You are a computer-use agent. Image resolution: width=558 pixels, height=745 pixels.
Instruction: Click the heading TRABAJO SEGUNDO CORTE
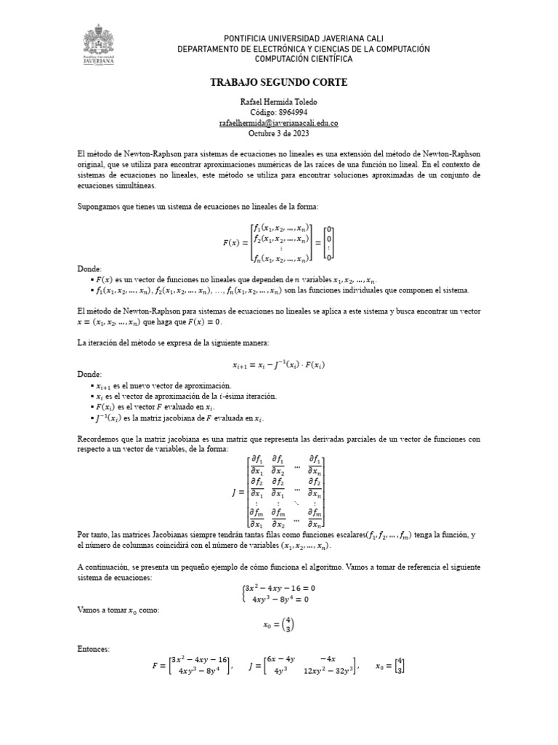pyautogui.click(x=279, y=83)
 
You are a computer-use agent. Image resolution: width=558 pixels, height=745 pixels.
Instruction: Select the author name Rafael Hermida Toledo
pyautogui.click(x=279, y=102)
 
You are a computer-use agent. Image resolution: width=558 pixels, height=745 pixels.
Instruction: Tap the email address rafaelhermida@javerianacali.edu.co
pyautogui.click(x=279, y=123)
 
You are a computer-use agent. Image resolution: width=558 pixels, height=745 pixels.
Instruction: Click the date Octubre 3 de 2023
pyautogui.click(x=279, y=133)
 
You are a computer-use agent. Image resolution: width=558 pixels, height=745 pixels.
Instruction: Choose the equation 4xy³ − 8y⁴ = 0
pyautogui.click(x=280, y=599)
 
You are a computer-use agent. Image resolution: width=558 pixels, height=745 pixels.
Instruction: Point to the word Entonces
pyautogui.click(x=93, y=648)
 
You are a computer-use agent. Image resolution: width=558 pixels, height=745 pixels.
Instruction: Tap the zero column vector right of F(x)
pyautogui.click(x=329, y=242)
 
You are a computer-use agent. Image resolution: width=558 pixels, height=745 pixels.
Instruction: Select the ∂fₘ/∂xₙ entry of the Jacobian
pyautogui.click(x=315, y=517)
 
